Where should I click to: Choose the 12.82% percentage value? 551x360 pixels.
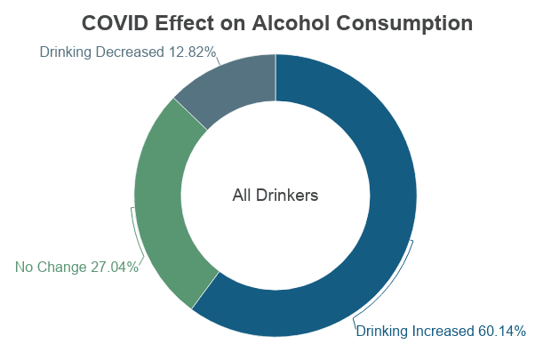(x=192, y=52)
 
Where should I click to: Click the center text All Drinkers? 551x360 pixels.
(x=275, y=195)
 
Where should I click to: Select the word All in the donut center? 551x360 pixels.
(x=243, y=195)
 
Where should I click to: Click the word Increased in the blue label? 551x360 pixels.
(x=443, y=332)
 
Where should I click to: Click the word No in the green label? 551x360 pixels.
(x=25, y=267)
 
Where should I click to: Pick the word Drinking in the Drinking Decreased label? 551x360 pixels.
(x=67, y=52)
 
